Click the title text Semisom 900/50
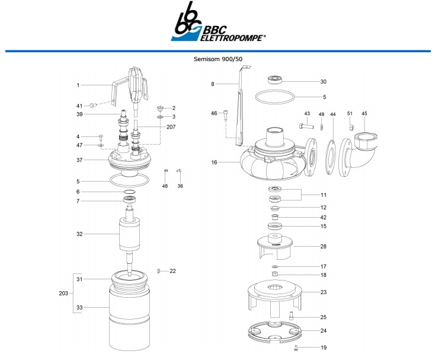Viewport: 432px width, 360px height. (218, 59)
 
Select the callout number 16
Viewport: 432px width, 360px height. (215, 161)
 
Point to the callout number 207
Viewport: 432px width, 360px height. (171, 127)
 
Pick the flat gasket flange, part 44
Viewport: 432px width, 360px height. (332, 157)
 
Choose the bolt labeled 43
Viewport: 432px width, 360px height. (305, 126)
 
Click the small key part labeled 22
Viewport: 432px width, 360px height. (159, 271)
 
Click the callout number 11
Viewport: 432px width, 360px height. (324, 195)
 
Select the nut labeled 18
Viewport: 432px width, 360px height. (276, 275)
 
